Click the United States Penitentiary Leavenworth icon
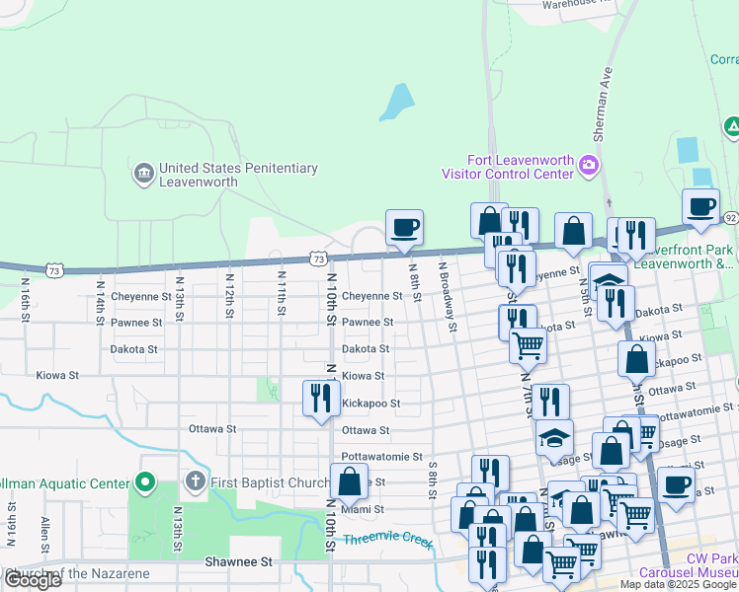[144, 175]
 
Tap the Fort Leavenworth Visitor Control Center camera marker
[590, 163]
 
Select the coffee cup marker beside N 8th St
[404, 229]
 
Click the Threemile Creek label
[387, 540]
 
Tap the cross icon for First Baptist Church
[195, 483]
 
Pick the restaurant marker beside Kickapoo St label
[320, 398]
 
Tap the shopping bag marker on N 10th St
[349, 482]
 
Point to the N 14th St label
[101, 297]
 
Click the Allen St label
[45, 533]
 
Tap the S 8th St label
[434, 482]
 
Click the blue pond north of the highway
[397, 103]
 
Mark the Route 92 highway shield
[730, 217]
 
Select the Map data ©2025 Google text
[678, 584]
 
